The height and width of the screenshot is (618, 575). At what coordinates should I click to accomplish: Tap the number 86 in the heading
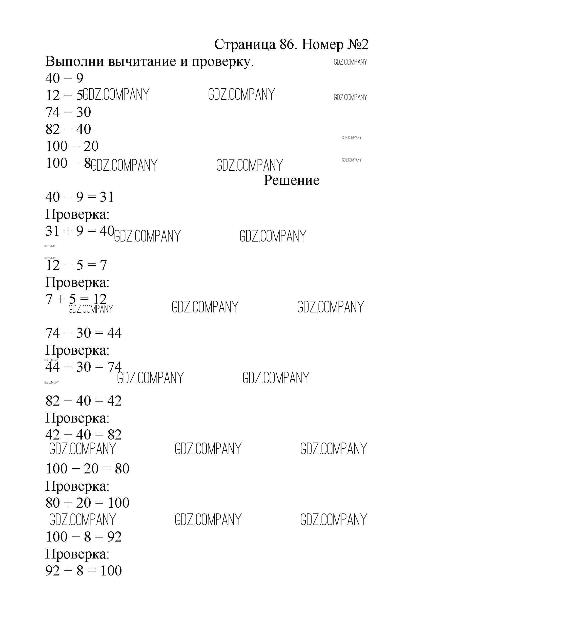[286, 45]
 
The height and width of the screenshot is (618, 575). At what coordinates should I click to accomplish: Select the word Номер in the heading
[322, 45]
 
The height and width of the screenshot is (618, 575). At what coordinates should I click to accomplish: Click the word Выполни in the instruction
[75, 62]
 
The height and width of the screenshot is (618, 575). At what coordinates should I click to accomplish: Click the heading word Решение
[291, 180]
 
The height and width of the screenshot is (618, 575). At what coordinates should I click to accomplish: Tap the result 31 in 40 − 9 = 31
[107, 197]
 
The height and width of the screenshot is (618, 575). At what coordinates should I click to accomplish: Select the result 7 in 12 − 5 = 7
[103, 265]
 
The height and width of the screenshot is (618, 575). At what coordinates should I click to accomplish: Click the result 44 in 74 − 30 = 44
[114, 333]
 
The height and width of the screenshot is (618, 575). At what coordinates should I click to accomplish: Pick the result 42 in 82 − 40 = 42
[114, 401]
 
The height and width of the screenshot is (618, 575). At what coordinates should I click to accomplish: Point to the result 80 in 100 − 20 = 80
[122, 468]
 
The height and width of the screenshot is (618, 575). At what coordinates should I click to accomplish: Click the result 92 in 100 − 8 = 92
[114, 536]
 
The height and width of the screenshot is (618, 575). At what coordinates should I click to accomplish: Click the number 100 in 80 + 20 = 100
[118, 503]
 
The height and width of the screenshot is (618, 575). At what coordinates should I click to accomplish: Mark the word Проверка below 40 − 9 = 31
[77, 214]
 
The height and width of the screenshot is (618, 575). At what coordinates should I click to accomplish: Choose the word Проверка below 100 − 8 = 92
[77, 554]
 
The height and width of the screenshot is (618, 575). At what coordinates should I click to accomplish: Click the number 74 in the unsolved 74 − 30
[53, 112]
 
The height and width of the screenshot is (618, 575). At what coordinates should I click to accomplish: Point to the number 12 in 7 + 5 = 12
[100, 299]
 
